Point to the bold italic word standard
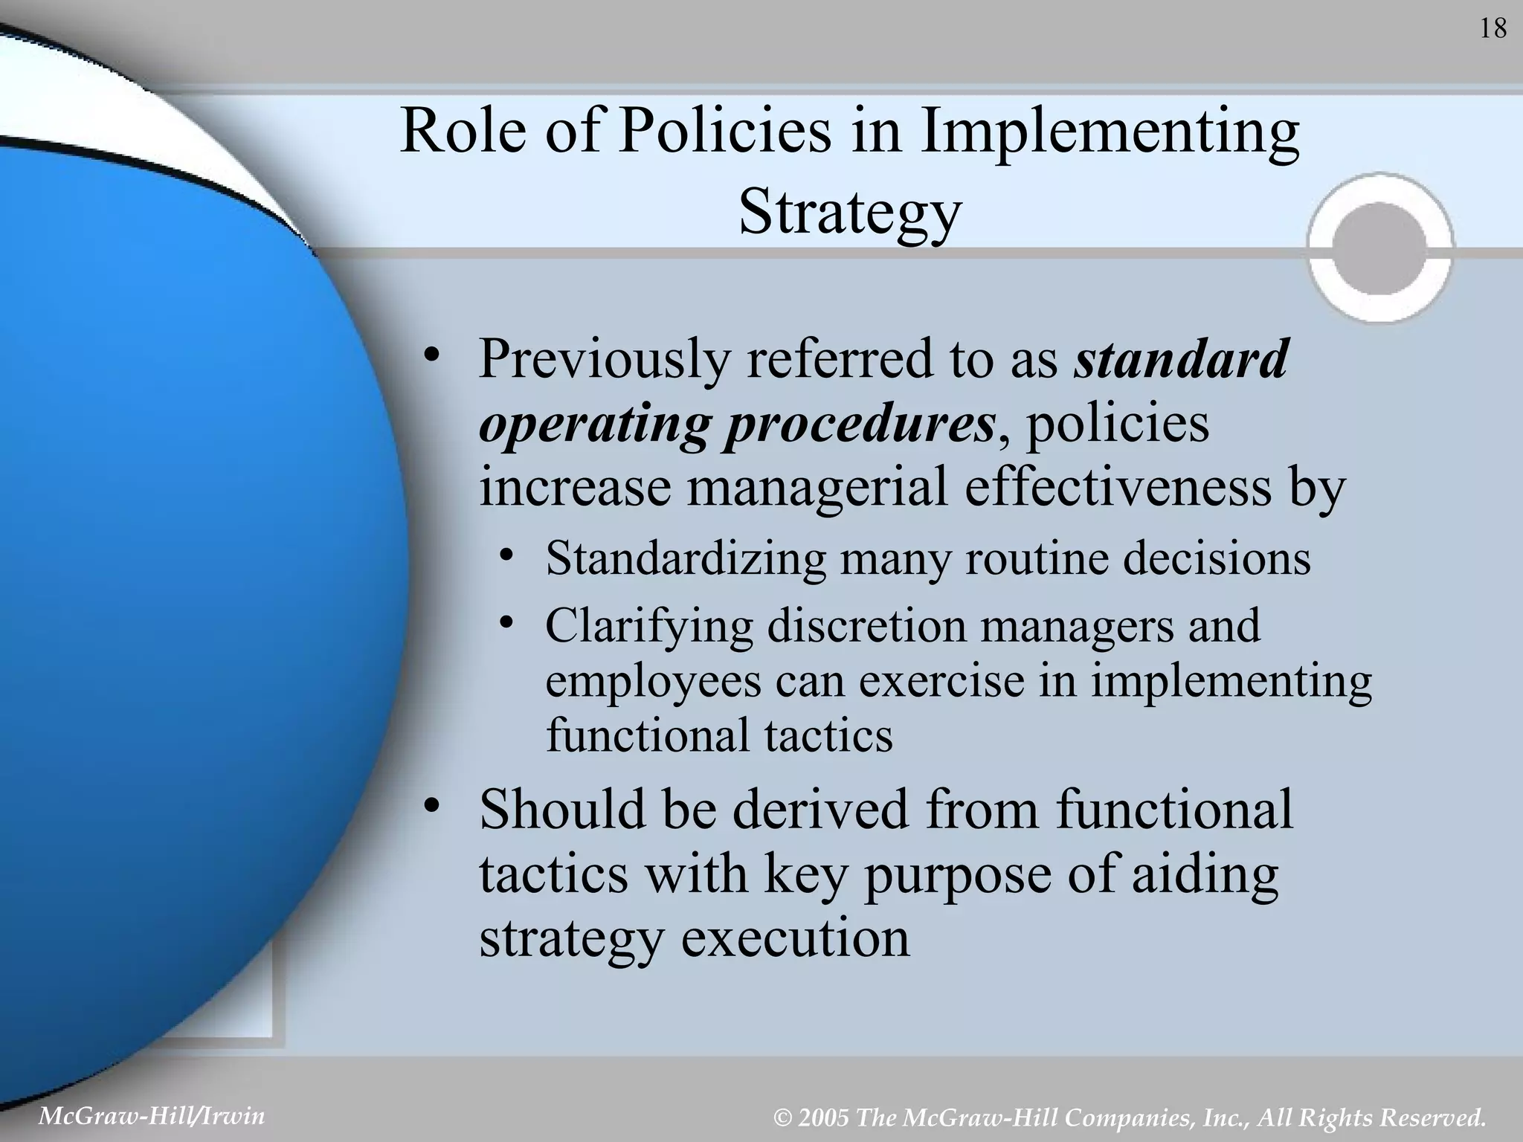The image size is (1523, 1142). pyautogui.click(x=1181, y=359)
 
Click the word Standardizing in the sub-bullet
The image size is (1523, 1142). pyautogui.click(x=685, y=558)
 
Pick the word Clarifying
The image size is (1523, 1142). pyautogui.click(x=649, y=625)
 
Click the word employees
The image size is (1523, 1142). pyautogui.click(x=653, y=680)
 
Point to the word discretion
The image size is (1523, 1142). pyautogui.click(x=866, y=625)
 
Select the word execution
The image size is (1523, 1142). pyautogui.click(x=795, y=938)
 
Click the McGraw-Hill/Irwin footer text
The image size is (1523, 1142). pyautogui.click(x=151, y=1116)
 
